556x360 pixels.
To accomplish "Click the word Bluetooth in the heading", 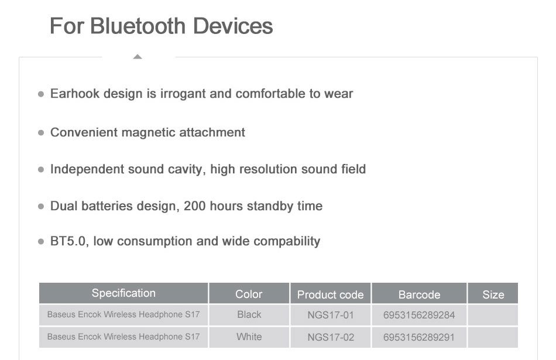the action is (138, 26).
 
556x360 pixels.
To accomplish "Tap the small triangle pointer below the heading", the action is (138, 56).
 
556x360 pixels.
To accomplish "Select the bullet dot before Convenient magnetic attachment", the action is (41, 133).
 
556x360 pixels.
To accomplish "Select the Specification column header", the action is (123, 293).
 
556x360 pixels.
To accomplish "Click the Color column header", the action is (249, 294).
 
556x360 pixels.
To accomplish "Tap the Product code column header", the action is (331, 295).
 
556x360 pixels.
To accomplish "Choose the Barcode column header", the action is (420, 295).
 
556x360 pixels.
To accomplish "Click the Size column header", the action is (493, 295).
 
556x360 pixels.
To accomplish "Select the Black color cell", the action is (249, 314).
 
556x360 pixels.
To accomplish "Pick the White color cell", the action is (249, 337).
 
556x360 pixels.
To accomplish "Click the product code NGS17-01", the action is (331, 315).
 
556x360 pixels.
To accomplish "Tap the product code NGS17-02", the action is (331, 337).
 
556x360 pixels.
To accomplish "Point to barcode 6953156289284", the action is (419, 315).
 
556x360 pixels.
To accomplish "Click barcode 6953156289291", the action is (419, 337).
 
